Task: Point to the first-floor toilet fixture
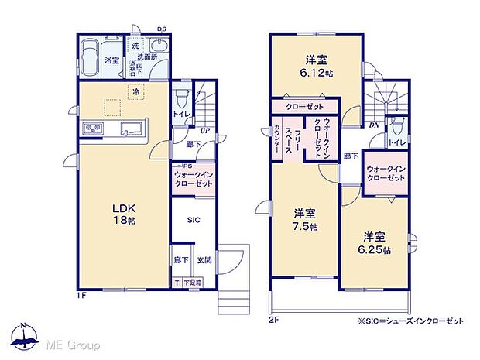click(182, 99)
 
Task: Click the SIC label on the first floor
click(193, 220)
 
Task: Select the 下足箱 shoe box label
click(194, 283)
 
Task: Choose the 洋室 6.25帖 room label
click(375, 243)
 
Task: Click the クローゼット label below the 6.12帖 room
click(304, 106)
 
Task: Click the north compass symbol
click(26, 334)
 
